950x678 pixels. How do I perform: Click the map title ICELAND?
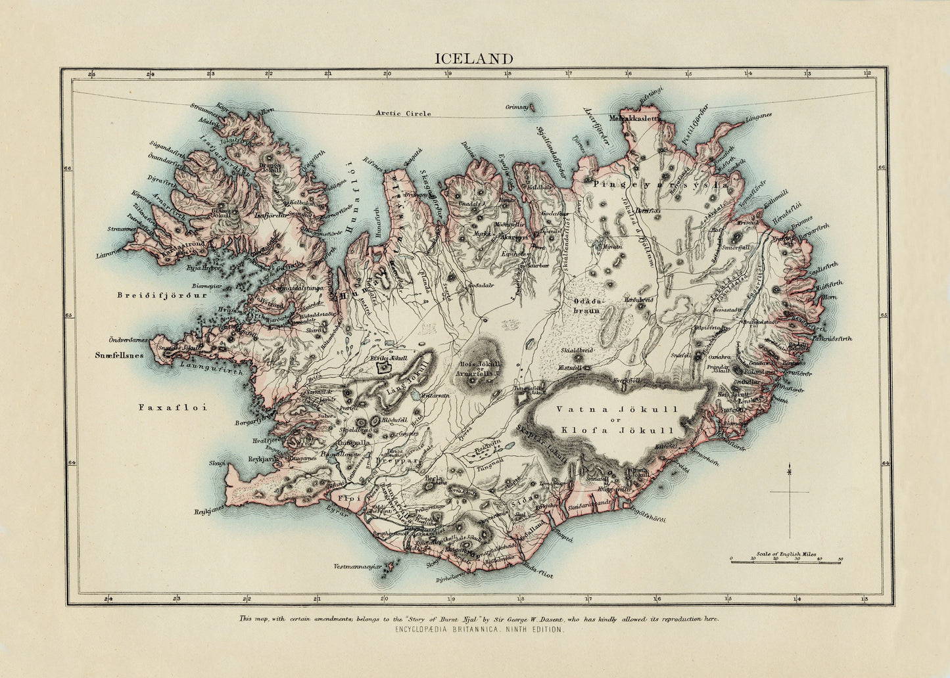[x=474, y=58]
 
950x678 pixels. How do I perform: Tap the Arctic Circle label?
[x=403, y=114]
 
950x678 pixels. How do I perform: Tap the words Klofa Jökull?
[x=616, y=432]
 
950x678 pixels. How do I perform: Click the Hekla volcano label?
[x=432, y=479]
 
